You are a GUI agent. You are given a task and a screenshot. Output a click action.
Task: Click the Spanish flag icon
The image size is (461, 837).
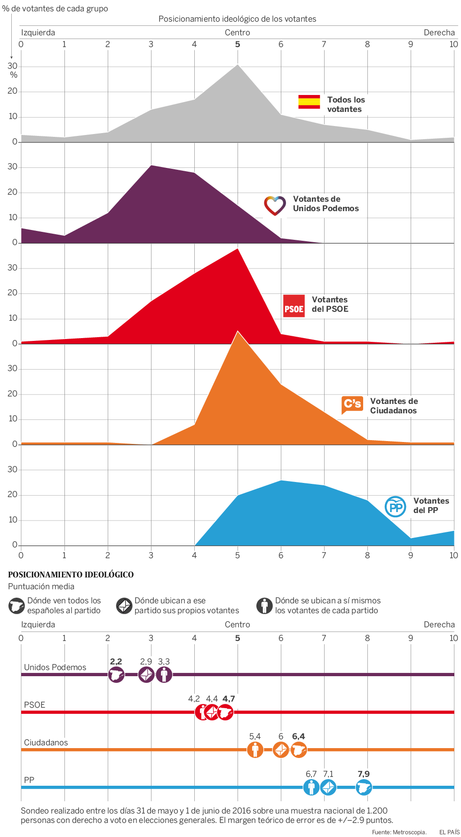coord(309,102)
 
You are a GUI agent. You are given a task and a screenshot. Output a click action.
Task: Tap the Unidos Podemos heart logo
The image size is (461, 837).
coord(275,205)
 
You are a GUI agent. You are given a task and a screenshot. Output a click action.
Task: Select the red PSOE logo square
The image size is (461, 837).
coord(294,306)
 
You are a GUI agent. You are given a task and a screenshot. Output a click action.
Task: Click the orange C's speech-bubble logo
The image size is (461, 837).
coord(352,404)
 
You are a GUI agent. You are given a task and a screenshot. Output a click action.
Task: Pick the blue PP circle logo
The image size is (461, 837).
coord(395,507)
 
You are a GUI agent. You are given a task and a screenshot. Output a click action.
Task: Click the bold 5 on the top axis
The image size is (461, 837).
coord(238,44)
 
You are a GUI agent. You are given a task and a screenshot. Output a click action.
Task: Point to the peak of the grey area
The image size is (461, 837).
coord(238,65)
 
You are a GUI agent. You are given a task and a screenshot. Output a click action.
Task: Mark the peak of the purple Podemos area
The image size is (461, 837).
coord(151,166)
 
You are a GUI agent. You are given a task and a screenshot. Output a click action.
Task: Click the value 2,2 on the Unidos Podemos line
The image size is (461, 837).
coord(116,662)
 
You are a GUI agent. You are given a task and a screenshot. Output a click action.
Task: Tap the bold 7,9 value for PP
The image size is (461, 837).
coord(364,774)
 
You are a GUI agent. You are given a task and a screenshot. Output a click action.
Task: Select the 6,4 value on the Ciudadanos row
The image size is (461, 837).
coord(298,736)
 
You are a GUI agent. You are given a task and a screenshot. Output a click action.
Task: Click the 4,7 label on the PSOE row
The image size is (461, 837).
coord(229,699)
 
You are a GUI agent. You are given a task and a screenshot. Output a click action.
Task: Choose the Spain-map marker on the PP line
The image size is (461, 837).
coord(364,787)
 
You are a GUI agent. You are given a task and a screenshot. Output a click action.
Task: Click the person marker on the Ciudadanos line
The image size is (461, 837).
coord(255,750)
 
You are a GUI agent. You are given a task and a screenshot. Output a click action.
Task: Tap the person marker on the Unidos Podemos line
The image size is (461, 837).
coord(164,675)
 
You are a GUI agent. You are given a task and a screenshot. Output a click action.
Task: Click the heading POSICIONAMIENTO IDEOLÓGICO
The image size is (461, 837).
coord(71,575)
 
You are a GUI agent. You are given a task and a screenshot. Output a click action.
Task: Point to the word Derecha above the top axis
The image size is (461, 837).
coord(439,32)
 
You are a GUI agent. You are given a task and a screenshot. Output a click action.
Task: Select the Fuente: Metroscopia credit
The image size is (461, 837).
coord(399,832)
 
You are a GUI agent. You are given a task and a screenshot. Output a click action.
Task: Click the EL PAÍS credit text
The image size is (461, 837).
coord(449,832)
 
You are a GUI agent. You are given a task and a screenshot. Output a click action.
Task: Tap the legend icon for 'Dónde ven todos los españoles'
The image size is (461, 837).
coord(16,606)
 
